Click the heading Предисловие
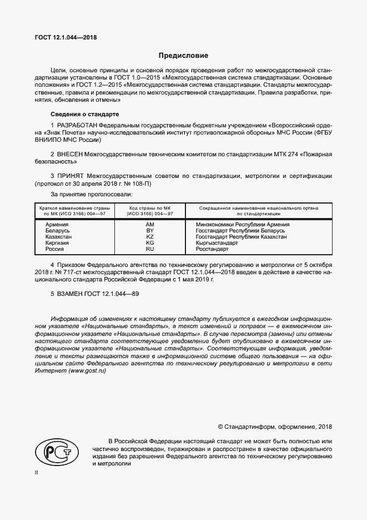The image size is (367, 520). click(x=183, y=56)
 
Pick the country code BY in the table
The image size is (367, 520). click(x=149, y=230)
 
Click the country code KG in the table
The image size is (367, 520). click(x=149, y=243)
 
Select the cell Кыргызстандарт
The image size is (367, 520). click(x=217, y=243)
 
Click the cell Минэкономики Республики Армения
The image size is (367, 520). click(x=242, y=224)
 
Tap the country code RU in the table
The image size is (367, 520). click(x=149, y=250)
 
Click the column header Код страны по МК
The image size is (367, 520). click(x=149, y=207)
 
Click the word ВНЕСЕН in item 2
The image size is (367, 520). click(x=69, y=153)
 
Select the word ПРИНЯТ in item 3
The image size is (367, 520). click(x=69, y=175)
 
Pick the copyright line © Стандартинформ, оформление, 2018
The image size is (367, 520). click(x=275, y=427)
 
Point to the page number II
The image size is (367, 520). click(x=37, y=472)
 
